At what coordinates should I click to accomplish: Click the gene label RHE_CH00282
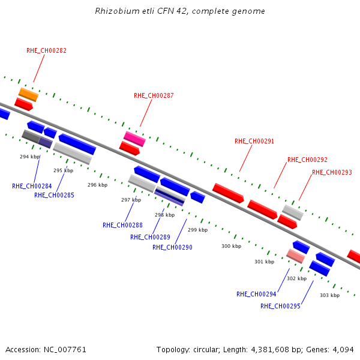coord(46,50)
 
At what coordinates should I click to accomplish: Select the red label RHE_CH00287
coord(154,95)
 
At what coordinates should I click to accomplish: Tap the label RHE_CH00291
coord(254,141)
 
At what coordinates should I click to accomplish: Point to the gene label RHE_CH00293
coord(332,172)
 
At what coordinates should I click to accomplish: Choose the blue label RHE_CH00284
coord(32,186)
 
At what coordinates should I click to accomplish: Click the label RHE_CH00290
coord(172,247)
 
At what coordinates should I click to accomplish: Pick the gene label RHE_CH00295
coord(280,306)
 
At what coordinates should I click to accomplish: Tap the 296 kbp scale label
coord(98,185)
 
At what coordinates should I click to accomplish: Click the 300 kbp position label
coord(231,246)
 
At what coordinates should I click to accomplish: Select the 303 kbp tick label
coord(329,295)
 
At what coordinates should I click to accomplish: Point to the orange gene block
coord(28,95)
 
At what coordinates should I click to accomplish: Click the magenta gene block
coord(134,139)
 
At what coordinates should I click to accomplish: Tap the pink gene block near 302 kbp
coord(295,256)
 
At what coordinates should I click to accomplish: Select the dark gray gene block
coord(31,136)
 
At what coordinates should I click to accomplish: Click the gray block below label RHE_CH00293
coord(293,212)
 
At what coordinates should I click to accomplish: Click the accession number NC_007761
coord(65,350)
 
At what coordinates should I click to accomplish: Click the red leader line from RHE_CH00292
coord(280,175)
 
